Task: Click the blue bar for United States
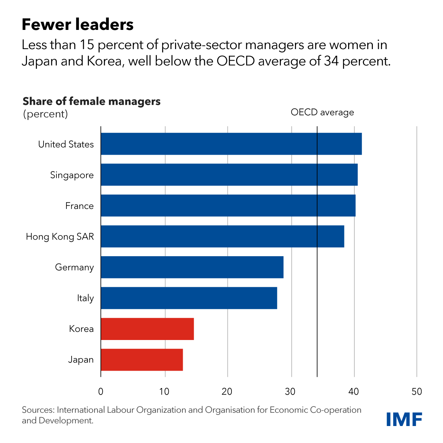pyautogui.click(x=231, y=144)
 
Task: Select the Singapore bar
pyautogui.click(x=229, y=175)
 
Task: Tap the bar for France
pyautogui.click(x=228, y=206)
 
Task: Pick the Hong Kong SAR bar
pyautogui.click(x=222, y=236)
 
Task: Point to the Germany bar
pyautogui.click(x=192, y=267)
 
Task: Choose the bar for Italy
pyautogui.click(x=189, y=298)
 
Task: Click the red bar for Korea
pyautogui.click(x=147, y=329)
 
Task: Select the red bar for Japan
pyautogui.click(x=142, y=360)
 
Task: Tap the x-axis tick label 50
pyautogui.click(x=417, y=392)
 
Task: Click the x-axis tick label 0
pyautogui.click(x=101, y=392)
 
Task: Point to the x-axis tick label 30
pyautogui.click(x=291, y=392)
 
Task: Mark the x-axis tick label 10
pyautogui.click(x=164, y=392)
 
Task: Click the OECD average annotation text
pyautogui.click(x=322, y=112)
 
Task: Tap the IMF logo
pyautogui.click(x=404, y=419)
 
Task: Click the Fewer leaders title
pyautogui.click(x=78, y=25)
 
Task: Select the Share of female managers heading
pyautogui.click(x=92, y=101)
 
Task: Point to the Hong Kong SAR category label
pyautogui.click(x=60, y=237)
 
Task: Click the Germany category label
pyautogui.click(x=74, y=267)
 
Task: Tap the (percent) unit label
pyautogui.click(x=45, y=114)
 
